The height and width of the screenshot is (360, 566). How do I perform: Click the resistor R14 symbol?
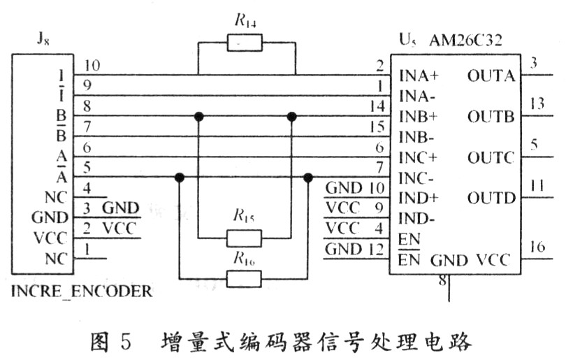[x=245, y=43]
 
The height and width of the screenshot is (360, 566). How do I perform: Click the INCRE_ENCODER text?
[x=82, y=291]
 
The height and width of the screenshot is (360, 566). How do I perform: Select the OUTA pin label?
[x=491, y=75]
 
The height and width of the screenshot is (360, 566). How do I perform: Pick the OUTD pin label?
[x=491, y=196]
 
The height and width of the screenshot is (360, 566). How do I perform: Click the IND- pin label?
[x=417, y=217]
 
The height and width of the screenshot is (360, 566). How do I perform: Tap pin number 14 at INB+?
[x=378, y=106]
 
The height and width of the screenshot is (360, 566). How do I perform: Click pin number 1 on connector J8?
[x=86, y=248]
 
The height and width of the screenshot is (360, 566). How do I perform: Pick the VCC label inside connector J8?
[x=51, y=238]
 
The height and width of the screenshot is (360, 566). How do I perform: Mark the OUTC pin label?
[x=491, y=156]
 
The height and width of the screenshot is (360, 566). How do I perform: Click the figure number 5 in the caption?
[x=125, y=343]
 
